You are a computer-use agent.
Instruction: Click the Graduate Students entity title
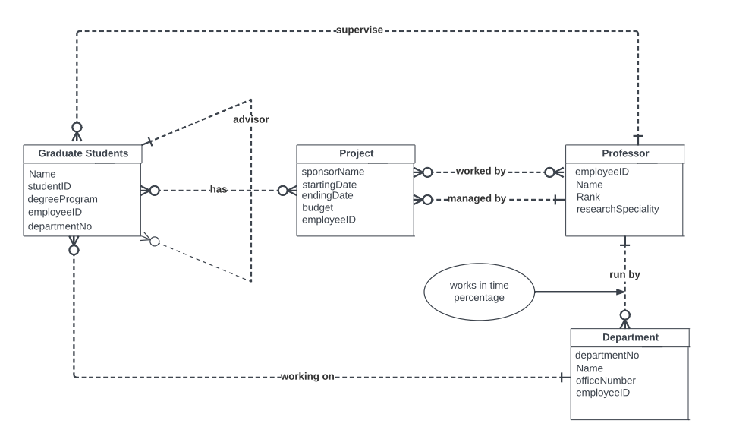point(83,153)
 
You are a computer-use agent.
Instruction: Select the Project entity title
point(356,153)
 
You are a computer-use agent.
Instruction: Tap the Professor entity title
point(625,153)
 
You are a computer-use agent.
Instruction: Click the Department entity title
point(630,337)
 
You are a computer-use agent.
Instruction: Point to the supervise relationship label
point(360,30)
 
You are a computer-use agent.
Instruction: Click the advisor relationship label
point(251,119)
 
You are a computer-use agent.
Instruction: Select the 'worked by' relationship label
point(480,172)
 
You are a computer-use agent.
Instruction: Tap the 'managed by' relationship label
point(477,198)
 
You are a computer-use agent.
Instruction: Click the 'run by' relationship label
point(624,275)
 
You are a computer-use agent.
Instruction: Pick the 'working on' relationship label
point(307,376)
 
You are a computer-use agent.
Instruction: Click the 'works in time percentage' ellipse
point(479,292)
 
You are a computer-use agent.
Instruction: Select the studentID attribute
point(49,186)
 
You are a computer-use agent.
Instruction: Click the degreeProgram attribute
point(63,199)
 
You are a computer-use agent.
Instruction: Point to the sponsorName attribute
point(333,172)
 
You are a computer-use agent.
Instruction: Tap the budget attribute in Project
point(317,207)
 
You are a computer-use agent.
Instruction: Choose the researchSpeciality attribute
point(618,209)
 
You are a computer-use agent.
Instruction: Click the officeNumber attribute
point(606,381)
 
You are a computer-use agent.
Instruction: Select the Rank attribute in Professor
point(588,197)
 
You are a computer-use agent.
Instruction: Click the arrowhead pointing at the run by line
point(621,292)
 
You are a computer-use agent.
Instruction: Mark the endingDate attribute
point(327,196)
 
